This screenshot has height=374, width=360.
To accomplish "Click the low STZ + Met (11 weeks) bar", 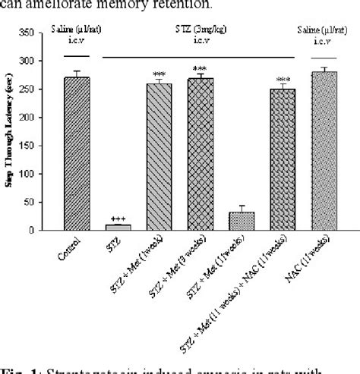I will (x=242, y=221).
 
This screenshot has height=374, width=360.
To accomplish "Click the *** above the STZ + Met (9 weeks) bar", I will (x=201, y=68).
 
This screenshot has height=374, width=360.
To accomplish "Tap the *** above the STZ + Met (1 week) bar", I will (x=159, y=73).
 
